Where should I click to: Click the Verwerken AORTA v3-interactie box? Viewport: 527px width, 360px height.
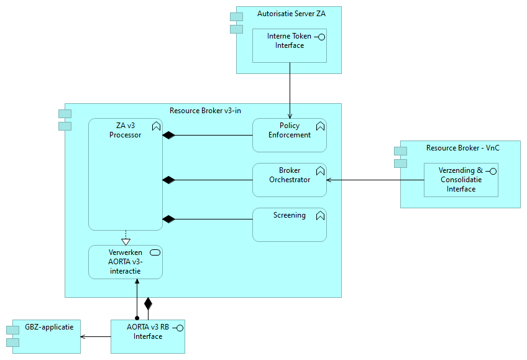coord(125,262)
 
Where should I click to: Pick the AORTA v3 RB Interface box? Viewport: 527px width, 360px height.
coord(148,336)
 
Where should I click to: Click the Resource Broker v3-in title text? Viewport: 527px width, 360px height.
coord(205,111)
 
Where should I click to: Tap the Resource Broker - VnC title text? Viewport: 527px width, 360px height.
coord(462,148)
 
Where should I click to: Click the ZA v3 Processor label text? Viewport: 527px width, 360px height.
coord(125,130)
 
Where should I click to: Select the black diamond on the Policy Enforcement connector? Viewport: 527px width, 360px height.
coord(168,135)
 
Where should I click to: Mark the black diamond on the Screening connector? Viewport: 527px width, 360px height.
coord(168,219)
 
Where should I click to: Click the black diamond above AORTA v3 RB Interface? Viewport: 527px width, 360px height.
coord(148,304)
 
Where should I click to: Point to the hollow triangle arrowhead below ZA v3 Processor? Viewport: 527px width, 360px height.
coord(126,241)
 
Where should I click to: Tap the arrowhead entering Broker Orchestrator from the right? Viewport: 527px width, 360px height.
coord(330,180)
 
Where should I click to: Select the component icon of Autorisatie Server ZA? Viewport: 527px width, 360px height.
coord(236,23)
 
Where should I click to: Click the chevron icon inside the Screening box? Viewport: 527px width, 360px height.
coord(320,216)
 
